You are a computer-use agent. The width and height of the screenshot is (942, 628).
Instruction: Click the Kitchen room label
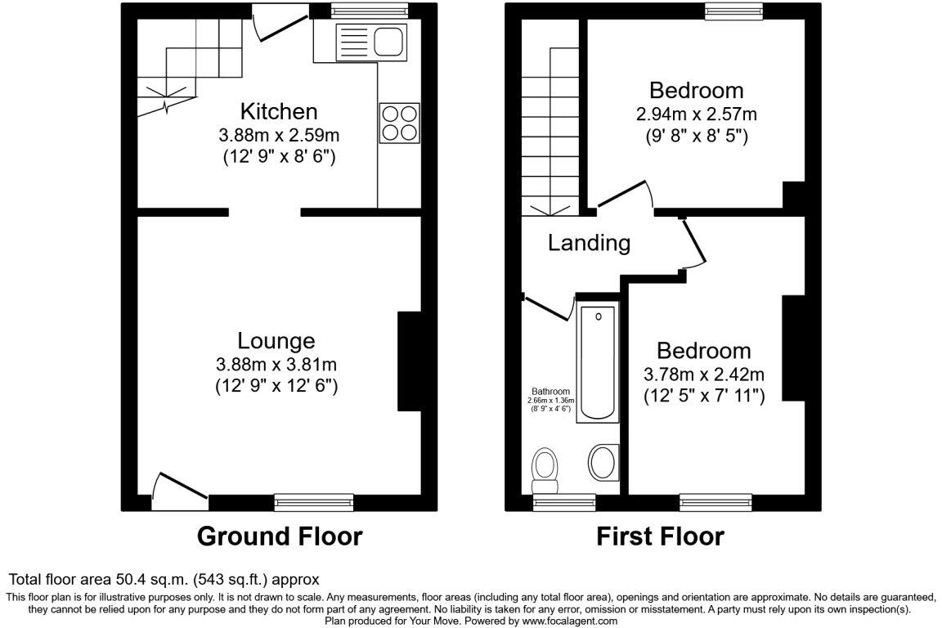click(x=279, y=111)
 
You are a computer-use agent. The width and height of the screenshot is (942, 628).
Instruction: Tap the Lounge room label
click(x=276, y=341)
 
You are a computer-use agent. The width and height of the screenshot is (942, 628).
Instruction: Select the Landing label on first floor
click(x=590, y=243)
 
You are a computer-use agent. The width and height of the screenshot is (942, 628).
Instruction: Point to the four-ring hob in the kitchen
click(x=400, y=123)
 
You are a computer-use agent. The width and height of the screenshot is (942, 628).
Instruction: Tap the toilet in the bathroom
click(x=545, y=470)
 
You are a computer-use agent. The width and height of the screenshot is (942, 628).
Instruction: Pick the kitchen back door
click(x=280, y=24)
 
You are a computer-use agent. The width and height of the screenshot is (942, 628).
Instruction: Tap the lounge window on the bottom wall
click(x=314, y=501)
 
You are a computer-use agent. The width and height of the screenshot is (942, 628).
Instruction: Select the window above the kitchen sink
click(x=369, y=10)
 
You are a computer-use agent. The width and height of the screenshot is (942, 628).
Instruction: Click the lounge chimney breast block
click(x=409, y=361)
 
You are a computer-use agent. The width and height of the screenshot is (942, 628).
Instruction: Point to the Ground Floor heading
click(x=280, y=536)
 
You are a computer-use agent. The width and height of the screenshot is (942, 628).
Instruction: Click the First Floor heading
click(x=660, y=536)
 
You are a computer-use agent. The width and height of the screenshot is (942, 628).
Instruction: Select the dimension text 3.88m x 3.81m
click(x=276, y=364)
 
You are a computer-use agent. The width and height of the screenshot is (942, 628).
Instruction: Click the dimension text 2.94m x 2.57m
click(x=697, y=114)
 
